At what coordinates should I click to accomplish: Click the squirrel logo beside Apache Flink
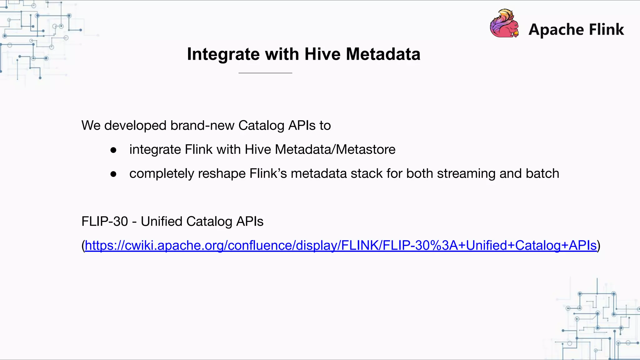[504, 24]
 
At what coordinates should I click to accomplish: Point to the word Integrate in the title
[223, 54]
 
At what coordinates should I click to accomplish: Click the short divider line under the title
[265, 73]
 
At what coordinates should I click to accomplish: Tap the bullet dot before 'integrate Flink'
[113, 150]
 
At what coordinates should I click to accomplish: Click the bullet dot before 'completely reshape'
[113, 174]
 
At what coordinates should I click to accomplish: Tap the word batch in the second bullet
[542, 173]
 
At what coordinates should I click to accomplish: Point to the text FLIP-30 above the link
[105, 221]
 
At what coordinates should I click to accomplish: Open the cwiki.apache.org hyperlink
[341, 245]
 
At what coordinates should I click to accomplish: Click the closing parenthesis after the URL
[599, 246]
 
